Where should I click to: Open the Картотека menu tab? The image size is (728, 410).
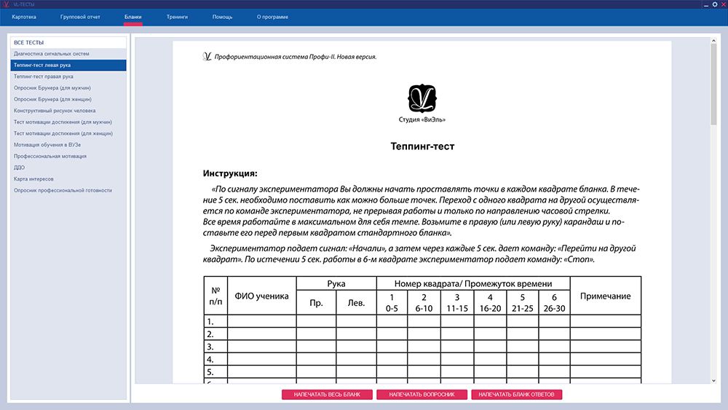pyautogui.click(x=24, y=16)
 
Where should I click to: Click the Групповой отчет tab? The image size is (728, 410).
pyautogui.click(x=80, y=16)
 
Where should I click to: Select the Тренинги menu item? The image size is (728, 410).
pyautogui.click(x=177, y=16)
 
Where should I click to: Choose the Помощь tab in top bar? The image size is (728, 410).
pyautogui.click(x=223, y=16)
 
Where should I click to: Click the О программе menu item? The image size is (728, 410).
pyautogui.click(x=272, y=16)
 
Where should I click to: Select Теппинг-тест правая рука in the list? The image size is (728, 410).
pyautogui.click(x=43, y=76)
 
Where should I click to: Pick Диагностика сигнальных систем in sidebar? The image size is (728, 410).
pyautogui.click(x=51, y=53)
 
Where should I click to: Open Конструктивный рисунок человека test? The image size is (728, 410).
pyautogui.click(x=55, y=111)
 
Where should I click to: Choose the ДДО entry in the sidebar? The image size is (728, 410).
pyautogui.click(x=19, y=167)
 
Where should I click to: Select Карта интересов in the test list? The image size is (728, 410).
pyautogui.click(x=33, y=178)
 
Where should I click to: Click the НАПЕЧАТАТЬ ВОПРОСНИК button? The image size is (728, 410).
pyautogui.click(x=422, y=395)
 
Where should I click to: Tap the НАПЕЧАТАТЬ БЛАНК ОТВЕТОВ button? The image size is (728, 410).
pyautogui.click(x=517, y=395)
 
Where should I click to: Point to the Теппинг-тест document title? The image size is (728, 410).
pyautogui.click(x=422, y=146)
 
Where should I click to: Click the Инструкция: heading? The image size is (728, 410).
pyautogui.click(x=230, y=173)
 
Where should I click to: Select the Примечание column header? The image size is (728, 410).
pyautogui.click(x=605, y=296)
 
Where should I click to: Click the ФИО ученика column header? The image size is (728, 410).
pyautogui.click(x=262, y=296)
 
